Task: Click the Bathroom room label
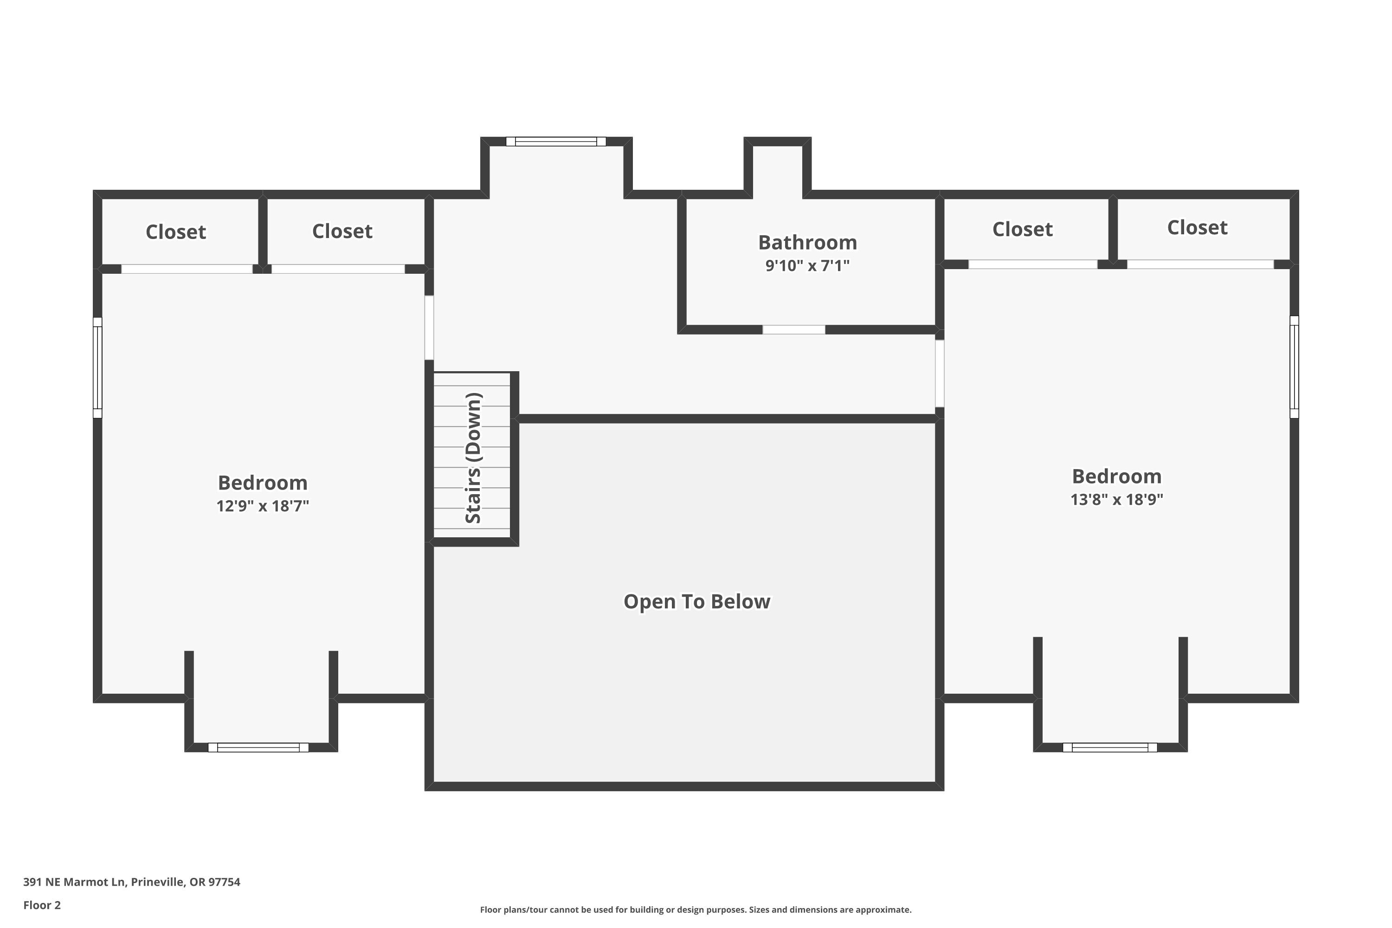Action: (x=807, y=243)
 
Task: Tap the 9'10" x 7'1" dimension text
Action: (x=807, y=266)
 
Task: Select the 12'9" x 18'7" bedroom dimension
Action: (x=263, y=506)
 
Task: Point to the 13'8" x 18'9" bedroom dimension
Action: (x=1117, y=500)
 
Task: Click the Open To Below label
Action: (x=697, y=601)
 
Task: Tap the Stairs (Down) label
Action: (x=473, y=458)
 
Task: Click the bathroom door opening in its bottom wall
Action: (x=793, y=329)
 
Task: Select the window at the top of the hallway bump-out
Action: (x=556, y=142)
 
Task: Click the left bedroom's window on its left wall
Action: (x=97, y=367)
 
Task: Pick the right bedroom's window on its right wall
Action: (x=1295, y=367)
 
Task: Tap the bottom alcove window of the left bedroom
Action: (x=258, y=748)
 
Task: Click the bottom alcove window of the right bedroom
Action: (x=1110, y=748)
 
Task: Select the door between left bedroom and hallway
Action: (x=429, y=328)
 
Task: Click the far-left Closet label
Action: (x=176, y=232)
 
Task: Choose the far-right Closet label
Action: (x=1197, y=228)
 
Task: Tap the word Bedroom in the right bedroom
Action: (x=1117, y=477)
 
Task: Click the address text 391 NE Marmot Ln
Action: (x=74, y=882)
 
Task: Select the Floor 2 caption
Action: (x=42, y=905)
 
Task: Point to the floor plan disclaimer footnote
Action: (x=696, y=909)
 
